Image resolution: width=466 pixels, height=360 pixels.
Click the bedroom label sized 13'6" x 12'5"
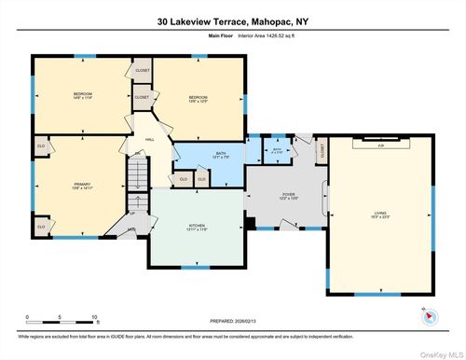(198, 98)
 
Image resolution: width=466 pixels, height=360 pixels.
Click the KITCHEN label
(197, 227)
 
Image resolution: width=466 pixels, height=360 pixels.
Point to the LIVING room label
(381, 214)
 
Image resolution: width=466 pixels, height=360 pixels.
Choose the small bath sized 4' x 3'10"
(277, 149)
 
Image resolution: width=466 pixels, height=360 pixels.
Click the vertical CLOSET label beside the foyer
(322, 149)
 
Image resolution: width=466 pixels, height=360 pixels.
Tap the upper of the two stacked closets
(143, 71)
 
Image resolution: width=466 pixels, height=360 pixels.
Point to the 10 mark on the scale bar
(94, 318)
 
